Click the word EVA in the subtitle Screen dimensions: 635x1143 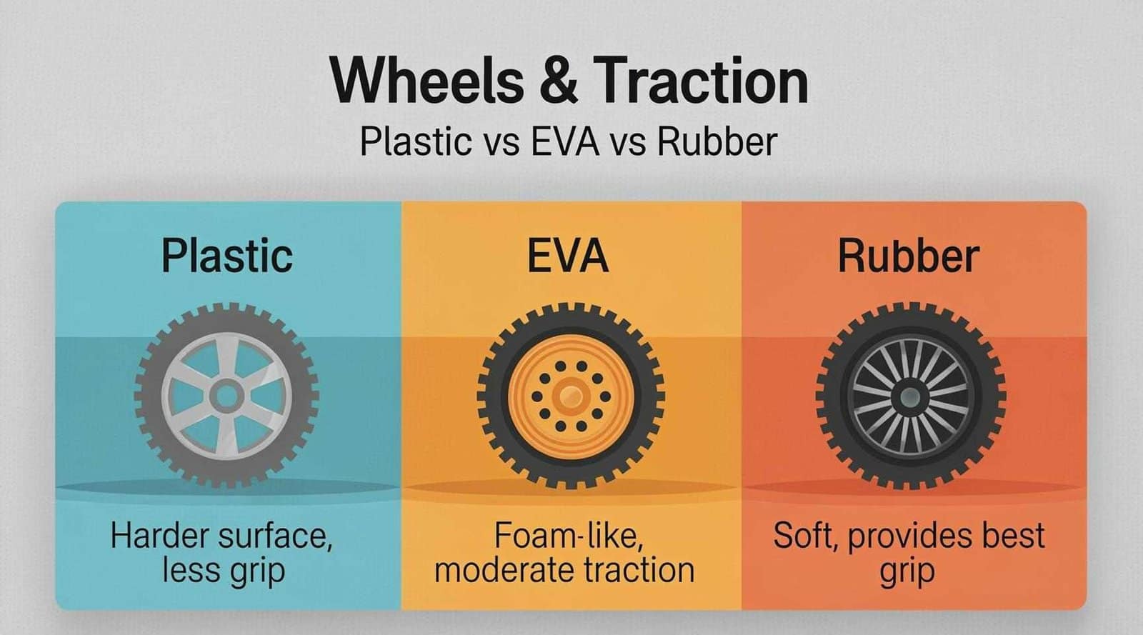566,141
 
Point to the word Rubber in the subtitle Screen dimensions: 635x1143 717,141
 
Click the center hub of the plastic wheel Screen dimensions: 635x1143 226,395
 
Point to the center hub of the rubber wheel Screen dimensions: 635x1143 909,395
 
